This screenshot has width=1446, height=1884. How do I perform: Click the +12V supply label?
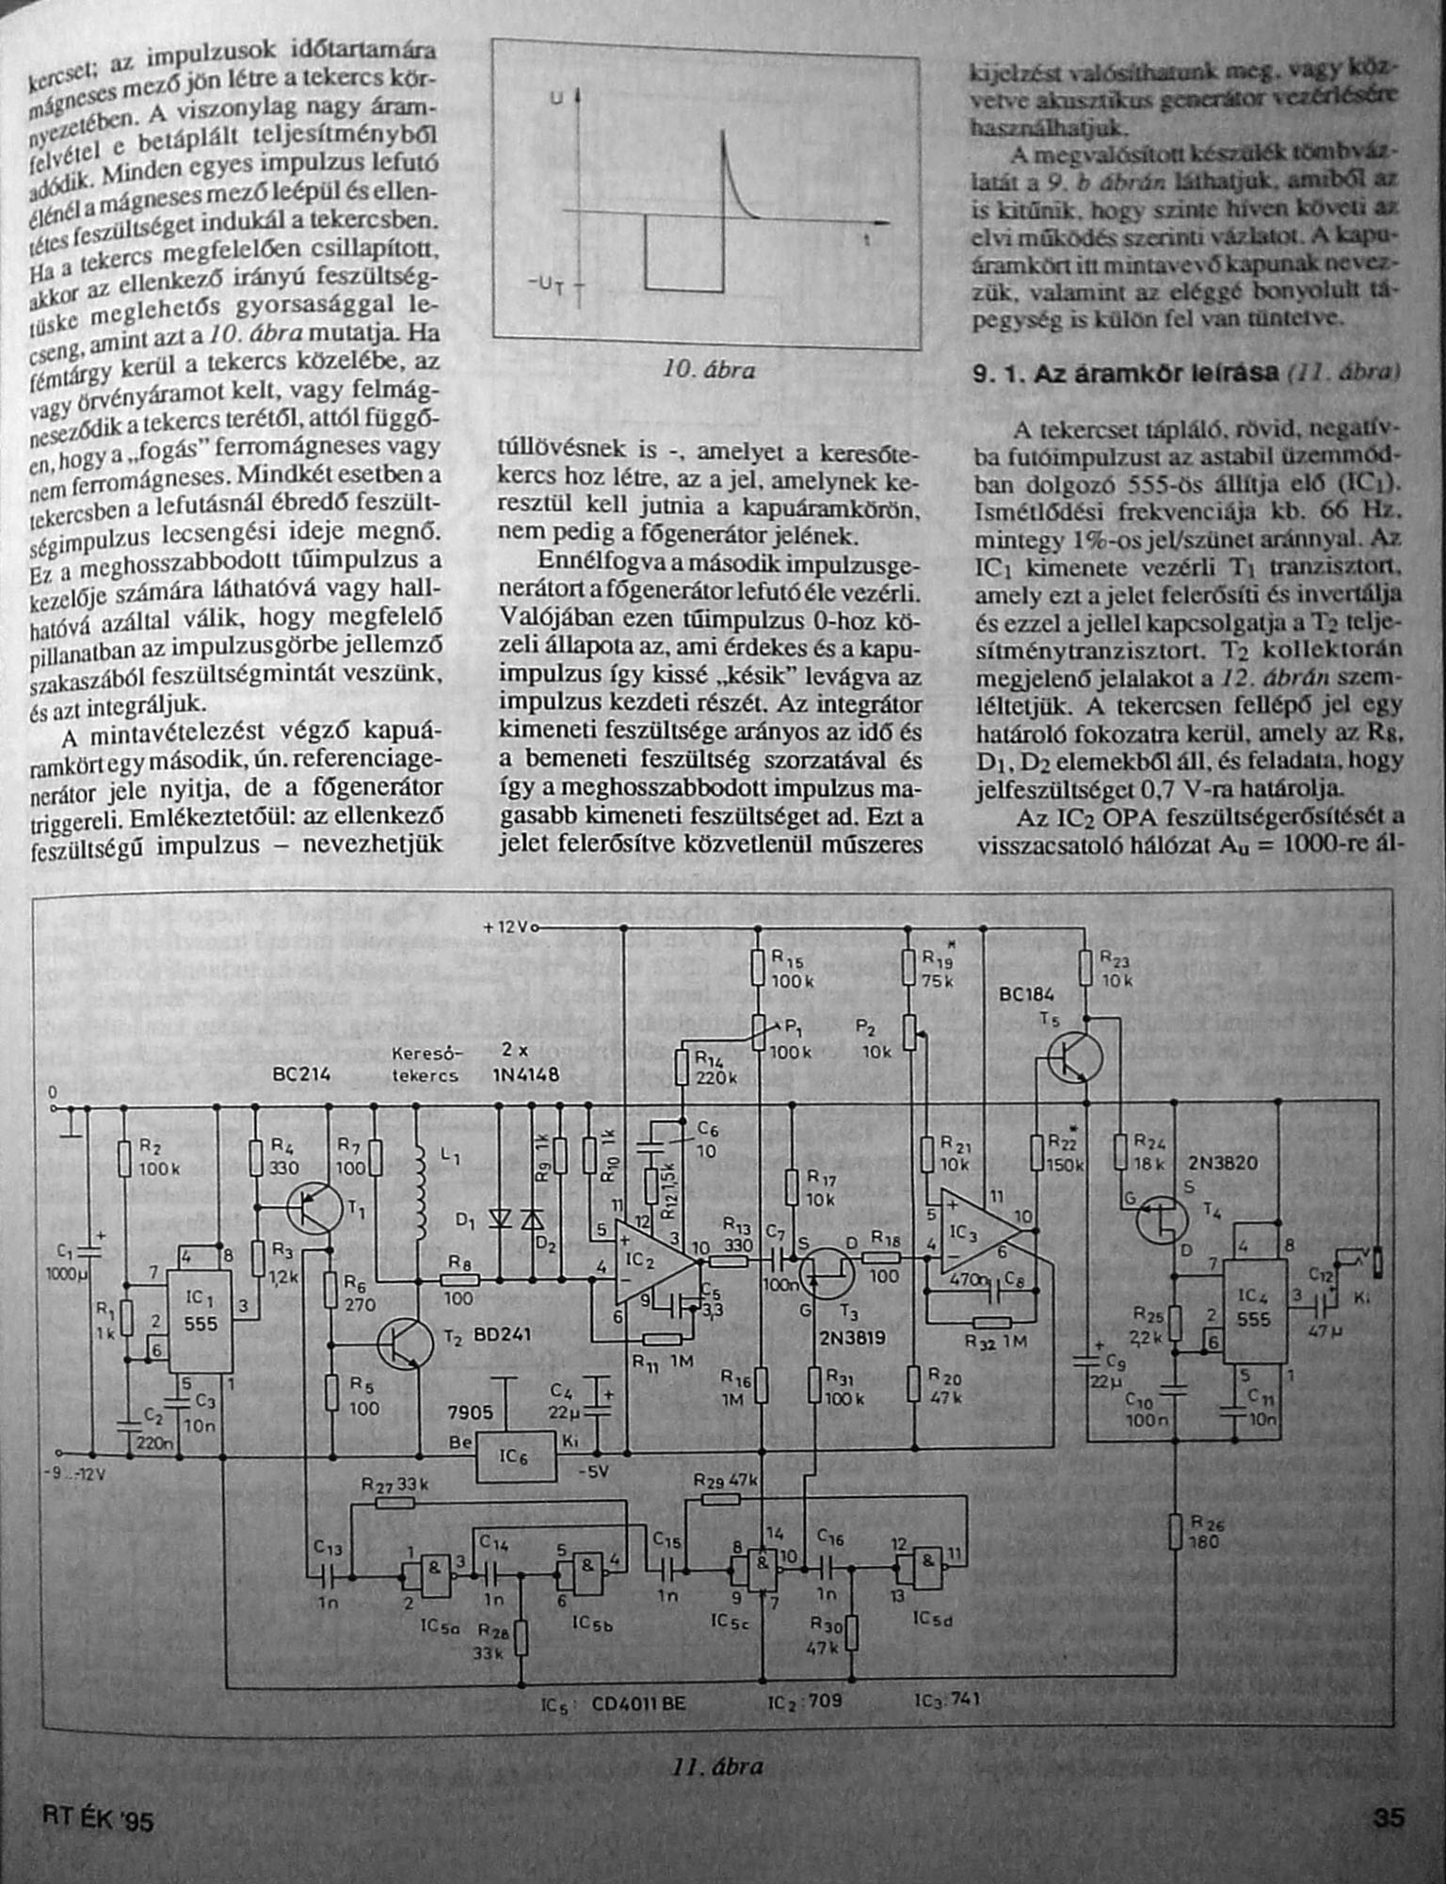click(x=508, y=927)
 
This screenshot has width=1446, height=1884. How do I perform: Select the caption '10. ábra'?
click(x=709, y=370)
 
